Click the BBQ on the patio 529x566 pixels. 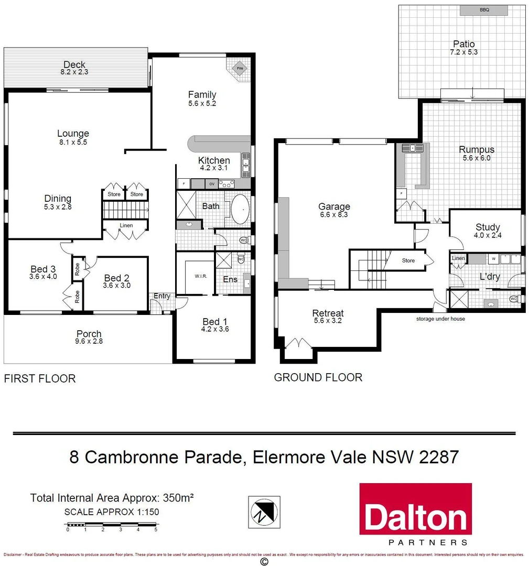[483, 10]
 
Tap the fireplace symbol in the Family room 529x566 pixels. [239, 68]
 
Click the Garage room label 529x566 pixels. [334, 206]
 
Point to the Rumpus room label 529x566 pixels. [476, 149]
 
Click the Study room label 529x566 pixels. [488, 227]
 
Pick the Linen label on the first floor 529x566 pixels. [126, 225]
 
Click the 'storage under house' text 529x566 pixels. [440, 319]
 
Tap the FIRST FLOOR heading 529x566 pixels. [40, 378]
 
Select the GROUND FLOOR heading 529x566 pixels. [318, 377]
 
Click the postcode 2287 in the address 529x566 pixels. [439, 456]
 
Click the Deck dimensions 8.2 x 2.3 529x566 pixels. [74, 72]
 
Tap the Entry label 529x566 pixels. [161, 296]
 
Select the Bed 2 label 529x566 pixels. [117, 278]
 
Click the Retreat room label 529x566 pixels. [328, 313]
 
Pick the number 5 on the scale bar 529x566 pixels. [156, 530]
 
